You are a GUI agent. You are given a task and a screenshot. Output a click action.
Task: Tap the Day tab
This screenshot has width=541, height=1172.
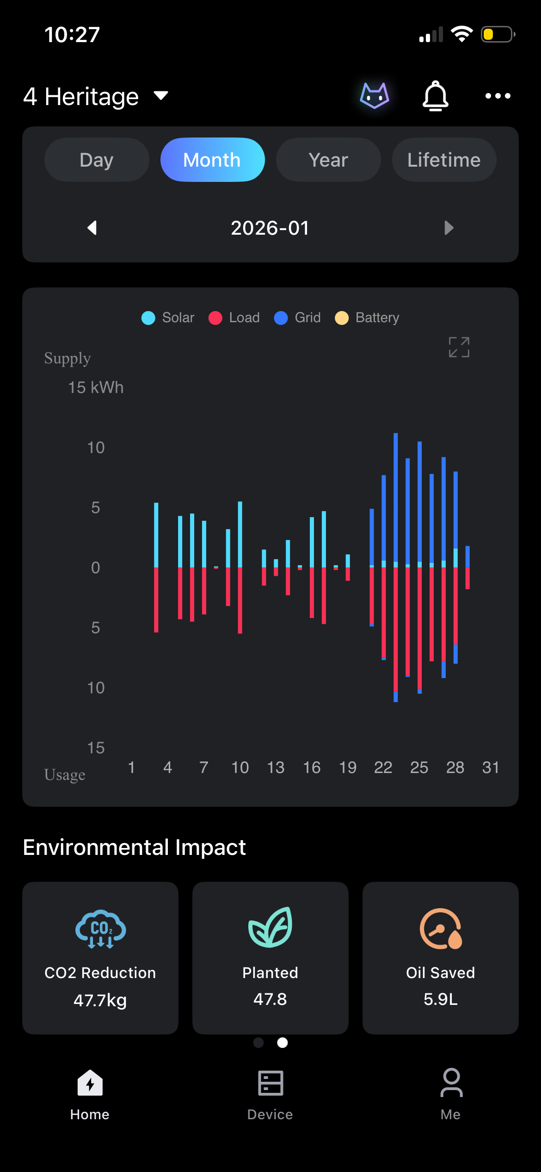(97, 160)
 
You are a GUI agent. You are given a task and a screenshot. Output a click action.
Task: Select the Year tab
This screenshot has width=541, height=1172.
(328, 160)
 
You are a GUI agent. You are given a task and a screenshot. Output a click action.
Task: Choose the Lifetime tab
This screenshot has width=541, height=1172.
(444, 160)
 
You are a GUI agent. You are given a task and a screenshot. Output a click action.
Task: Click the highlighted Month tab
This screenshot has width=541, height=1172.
(212, 160)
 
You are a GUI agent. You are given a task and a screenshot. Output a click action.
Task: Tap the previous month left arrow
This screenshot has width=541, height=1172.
(92, 228)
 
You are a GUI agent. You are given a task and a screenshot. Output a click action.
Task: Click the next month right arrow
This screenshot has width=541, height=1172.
(449, 228)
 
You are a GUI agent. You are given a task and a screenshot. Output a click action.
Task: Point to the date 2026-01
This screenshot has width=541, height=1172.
(270, 228)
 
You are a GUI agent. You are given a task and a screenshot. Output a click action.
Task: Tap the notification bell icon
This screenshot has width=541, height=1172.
(435, 96)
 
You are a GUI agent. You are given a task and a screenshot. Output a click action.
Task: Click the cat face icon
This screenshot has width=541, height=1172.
(375, 96)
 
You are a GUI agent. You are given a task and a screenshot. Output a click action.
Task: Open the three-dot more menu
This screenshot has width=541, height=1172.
(498, 96)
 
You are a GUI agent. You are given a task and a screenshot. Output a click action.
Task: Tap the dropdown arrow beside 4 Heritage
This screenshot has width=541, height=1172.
(161, 95)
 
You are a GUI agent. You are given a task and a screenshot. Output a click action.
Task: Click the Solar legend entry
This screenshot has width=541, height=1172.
(168, 318)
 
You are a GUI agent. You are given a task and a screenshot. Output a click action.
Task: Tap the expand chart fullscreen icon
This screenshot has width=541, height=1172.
(459, 347)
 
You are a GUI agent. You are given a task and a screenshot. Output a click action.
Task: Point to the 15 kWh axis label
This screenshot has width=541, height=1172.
(96, 387)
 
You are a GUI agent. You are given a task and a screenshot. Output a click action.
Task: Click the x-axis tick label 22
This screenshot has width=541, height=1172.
(383, 767)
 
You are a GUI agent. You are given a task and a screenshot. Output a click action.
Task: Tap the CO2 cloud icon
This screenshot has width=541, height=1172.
(100, 929)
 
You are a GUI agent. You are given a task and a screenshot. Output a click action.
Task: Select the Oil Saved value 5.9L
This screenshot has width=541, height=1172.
(440, 999)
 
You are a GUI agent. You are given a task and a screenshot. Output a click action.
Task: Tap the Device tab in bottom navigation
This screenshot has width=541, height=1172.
(270, 1095)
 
